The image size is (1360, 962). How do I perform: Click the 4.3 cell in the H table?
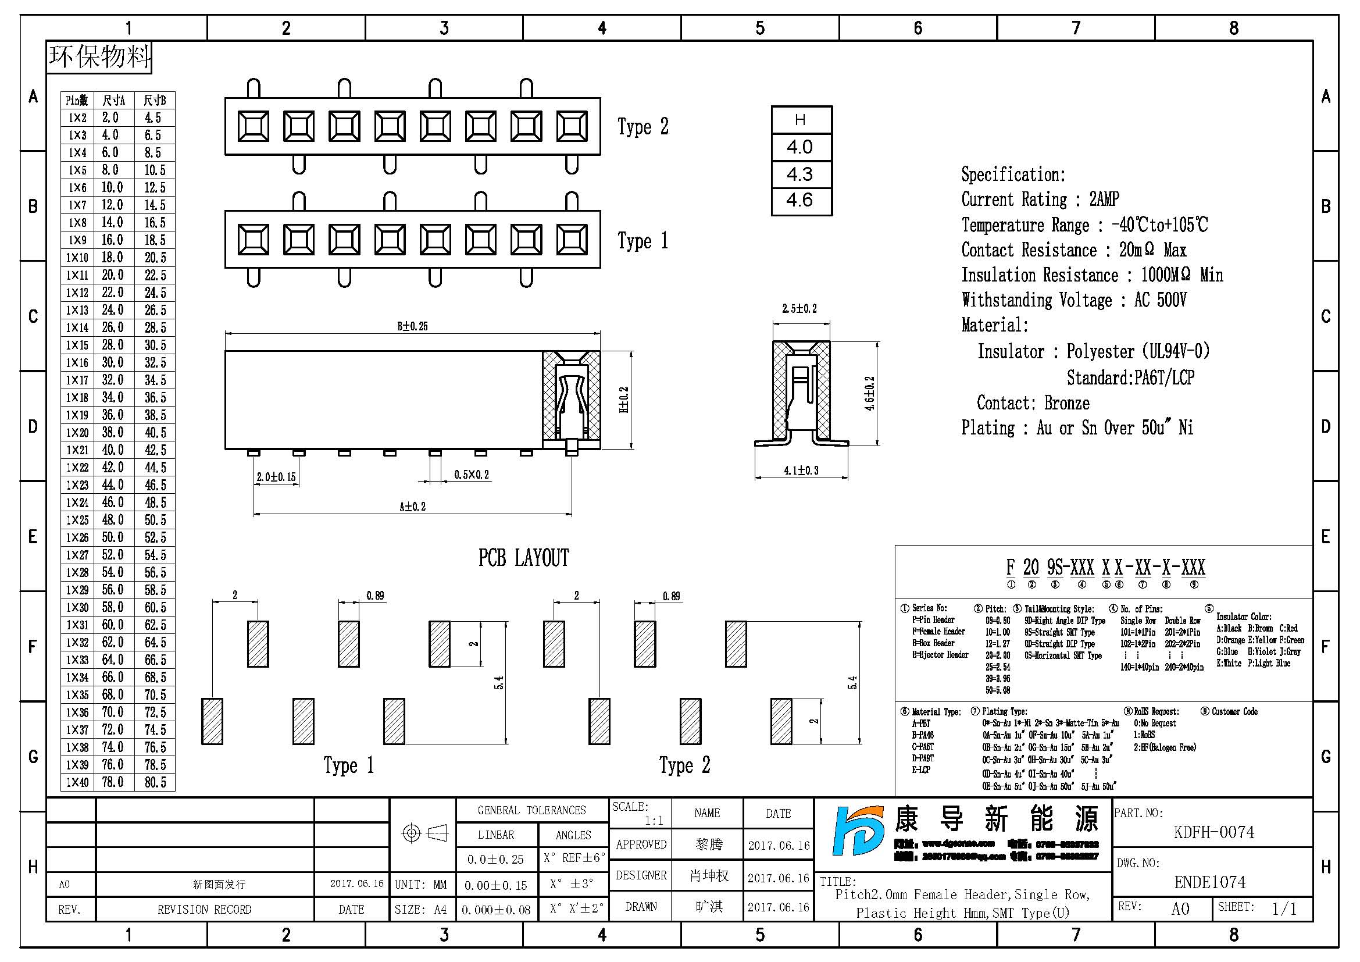(x=800, y=174)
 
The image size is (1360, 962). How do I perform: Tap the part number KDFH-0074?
(x=1213, y=832)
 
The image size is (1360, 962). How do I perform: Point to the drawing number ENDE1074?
(x=1209, y=883)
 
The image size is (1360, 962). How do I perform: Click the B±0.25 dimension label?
(x=412, y=326)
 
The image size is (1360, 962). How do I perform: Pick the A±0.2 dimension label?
(x=412, y=507)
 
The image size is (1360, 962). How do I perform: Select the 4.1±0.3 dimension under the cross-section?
(x=801, y=471)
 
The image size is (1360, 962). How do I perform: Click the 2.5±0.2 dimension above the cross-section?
(x=799, y=309)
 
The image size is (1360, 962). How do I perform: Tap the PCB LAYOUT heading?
(x=524, y=558)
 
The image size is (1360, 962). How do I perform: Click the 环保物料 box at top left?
(x=99, y=58)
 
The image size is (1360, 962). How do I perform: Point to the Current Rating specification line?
(x=1040, y=199)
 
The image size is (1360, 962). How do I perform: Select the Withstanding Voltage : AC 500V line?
(x=1073, y=300)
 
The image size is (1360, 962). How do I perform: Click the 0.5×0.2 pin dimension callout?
(x=472, y=475)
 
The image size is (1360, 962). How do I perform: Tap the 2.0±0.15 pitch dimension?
(x=276, y=477)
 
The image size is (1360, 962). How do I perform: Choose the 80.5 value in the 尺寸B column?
(x=155, y=782)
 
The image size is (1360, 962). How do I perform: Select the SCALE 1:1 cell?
(x=640, y=813)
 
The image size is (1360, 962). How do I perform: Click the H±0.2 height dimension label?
(x=624, y=400)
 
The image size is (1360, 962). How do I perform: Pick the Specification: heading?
(x=1013, y=174)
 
